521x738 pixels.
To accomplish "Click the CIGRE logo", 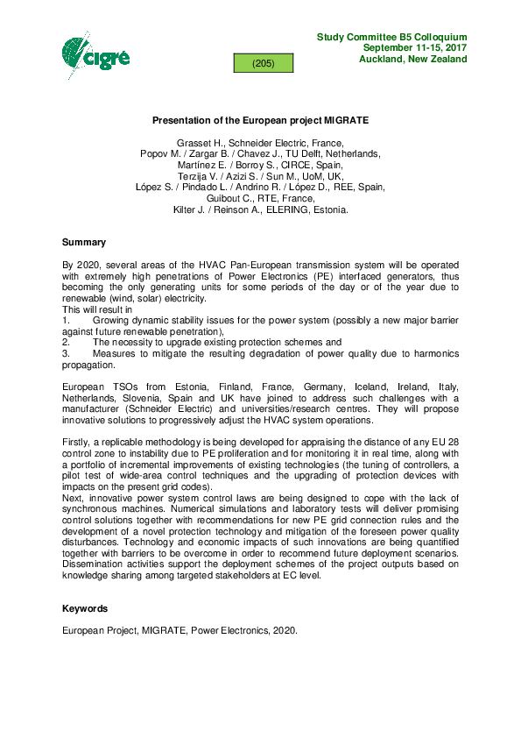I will click(95, 54).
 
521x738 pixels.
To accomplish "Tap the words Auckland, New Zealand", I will click(412, 60).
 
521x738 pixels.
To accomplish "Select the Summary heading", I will click(84, 242).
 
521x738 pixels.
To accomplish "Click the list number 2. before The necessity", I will click(66, 343).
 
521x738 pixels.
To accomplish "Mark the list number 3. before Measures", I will click(66, 354).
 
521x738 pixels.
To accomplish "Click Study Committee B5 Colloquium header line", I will click(391, 37).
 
